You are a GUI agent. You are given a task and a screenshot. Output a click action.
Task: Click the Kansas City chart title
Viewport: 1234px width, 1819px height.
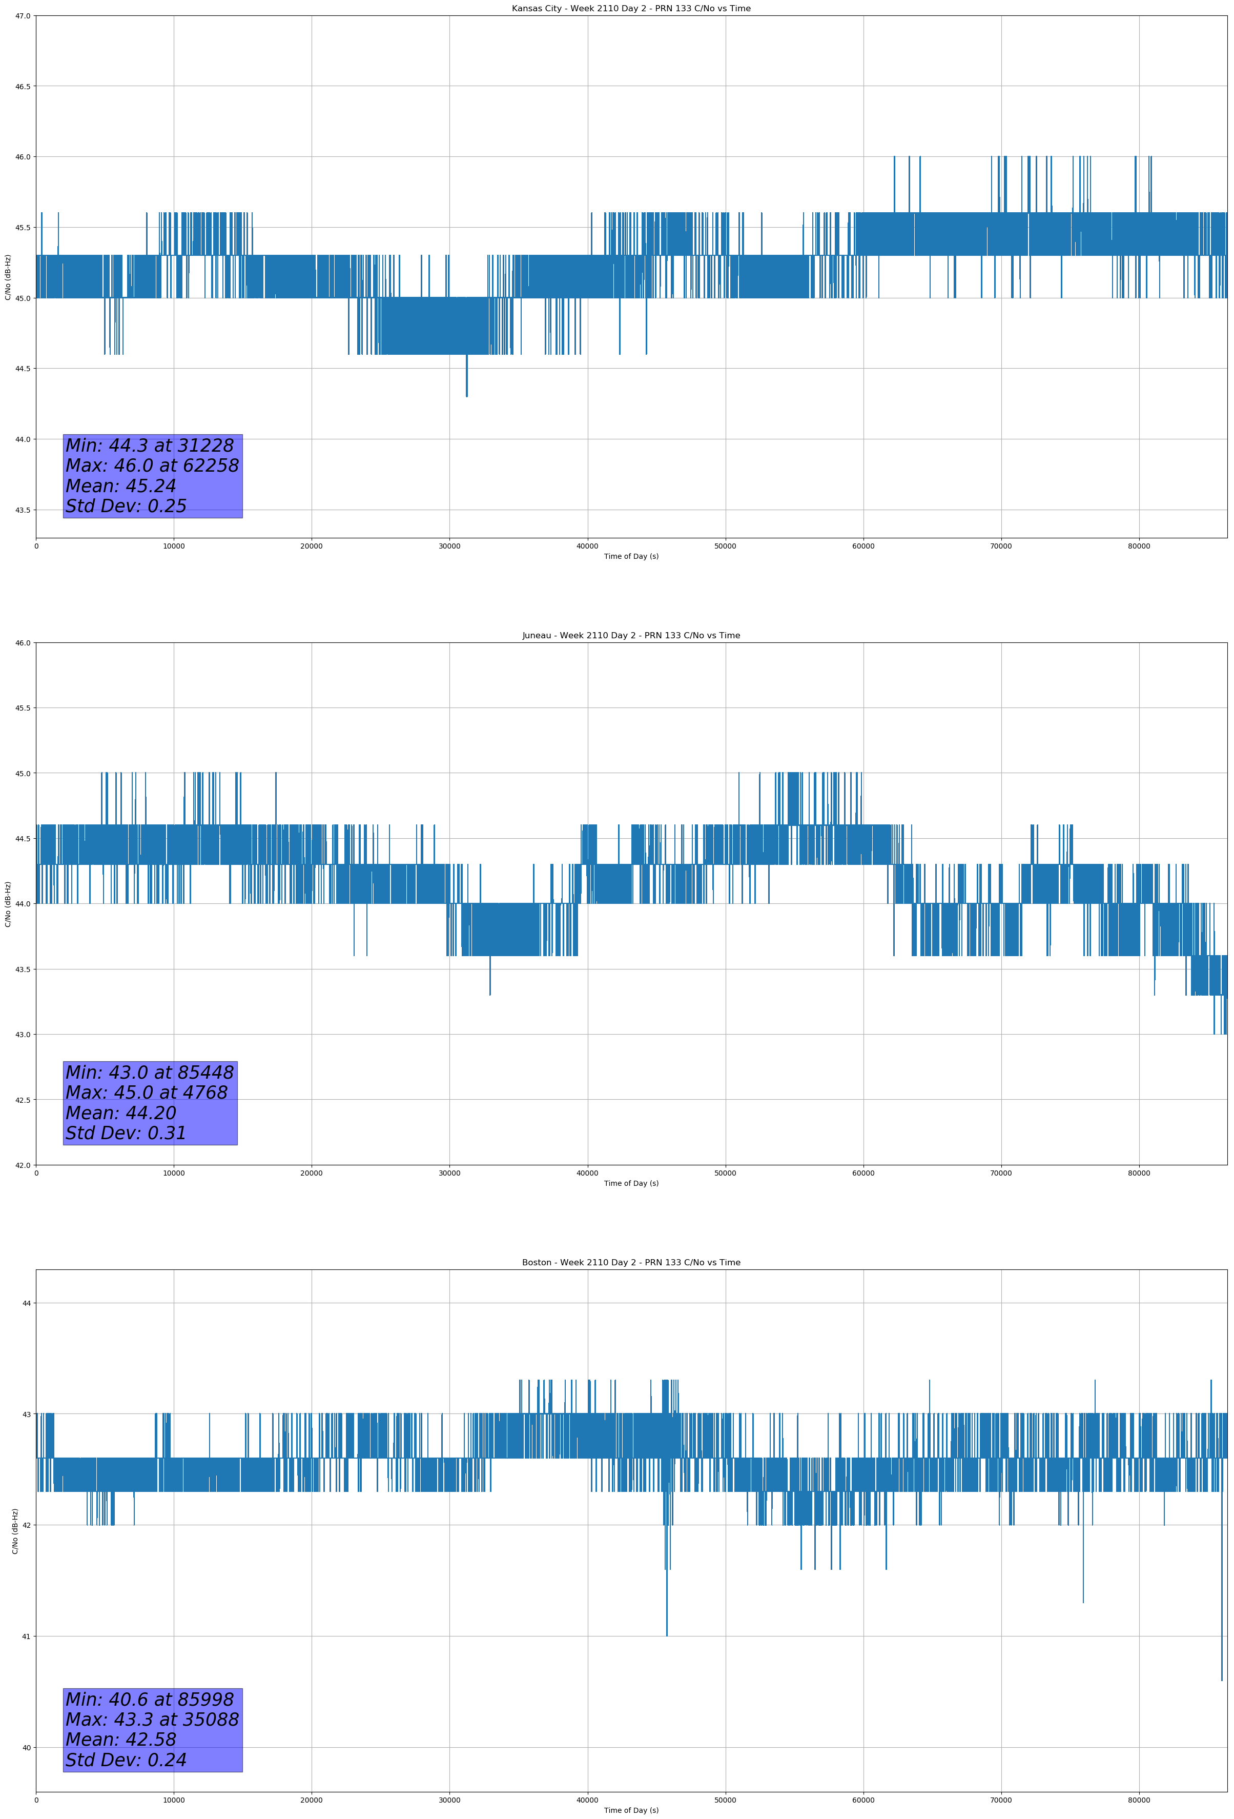coord(631,9)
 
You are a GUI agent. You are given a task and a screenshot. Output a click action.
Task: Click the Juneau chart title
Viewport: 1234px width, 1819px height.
coord(631,636)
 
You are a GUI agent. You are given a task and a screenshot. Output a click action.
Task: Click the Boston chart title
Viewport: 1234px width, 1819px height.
coord(631,1263)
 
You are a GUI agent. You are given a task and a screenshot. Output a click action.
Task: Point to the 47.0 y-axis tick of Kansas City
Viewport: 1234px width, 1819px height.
coord(23,16)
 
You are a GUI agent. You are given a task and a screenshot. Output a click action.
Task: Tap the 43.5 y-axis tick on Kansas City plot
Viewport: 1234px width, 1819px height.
coord(23,510)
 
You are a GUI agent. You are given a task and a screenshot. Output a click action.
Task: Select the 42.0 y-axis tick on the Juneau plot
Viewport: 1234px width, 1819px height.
coord(23,1165)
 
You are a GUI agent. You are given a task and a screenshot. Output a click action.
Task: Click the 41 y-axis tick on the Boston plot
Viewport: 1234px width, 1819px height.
coord(27,1636)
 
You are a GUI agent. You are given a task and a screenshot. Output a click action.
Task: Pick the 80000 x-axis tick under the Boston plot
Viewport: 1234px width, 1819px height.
coord(1139,1800)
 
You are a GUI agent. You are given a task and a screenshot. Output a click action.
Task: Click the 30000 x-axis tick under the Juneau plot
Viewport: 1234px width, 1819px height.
coord(449,1173)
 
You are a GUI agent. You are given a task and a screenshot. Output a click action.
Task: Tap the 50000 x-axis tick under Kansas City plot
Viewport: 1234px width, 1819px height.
coord(725,545)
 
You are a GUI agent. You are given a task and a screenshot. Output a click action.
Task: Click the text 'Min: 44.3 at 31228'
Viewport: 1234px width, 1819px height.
coord(150,446)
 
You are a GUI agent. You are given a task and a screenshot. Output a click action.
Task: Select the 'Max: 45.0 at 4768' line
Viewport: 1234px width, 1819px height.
coord(147,1093)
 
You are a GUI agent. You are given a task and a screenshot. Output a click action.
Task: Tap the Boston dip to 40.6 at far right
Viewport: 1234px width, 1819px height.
coord(1222,1679)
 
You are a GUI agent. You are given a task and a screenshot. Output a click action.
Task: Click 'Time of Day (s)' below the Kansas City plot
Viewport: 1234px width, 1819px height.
coord(631,556)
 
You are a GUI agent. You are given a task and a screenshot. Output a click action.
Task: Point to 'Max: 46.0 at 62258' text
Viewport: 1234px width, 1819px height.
coord(152,466)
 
